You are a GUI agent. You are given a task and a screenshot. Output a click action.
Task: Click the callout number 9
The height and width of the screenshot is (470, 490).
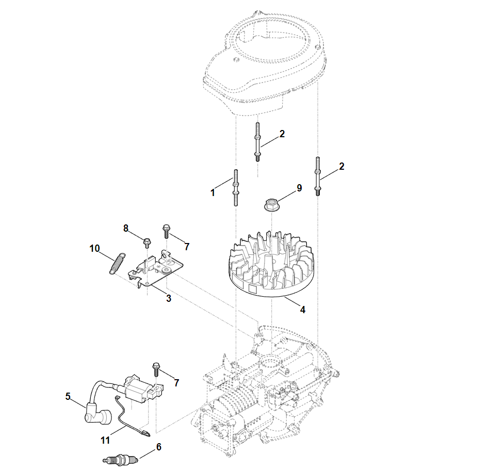[x=299, y=188]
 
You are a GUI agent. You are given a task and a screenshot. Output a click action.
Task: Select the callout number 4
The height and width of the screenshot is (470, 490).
[x=303, y=310]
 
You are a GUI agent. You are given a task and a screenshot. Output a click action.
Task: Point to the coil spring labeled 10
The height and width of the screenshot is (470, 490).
[x=117, y=263]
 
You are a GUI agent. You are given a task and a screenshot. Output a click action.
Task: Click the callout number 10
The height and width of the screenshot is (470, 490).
[x=94, y=249]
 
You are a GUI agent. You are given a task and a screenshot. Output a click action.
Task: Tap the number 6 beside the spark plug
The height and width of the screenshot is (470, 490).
[x=159, y=447]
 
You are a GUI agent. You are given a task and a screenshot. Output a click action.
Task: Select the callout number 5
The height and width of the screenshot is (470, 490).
[x=68, y=396]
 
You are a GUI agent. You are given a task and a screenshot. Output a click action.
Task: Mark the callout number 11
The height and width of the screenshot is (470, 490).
[x=105, y=441]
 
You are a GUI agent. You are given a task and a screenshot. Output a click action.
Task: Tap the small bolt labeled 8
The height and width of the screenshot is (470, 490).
[x=147, y=241]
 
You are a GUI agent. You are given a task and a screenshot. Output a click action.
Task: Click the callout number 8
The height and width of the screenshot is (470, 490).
[x=125, y=228]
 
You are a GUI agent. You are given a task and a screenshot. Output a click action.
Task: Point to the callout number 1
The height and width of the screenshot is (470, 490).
[x=213, y=193]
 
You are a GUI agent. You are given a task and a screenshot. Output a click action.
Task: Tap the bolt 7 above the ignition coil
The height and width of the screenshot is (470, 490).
[x=156, y=370]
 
